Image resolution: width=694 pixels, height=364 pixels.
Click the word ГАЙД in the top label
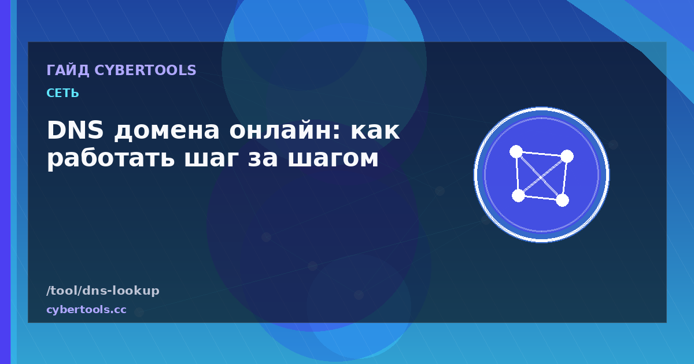pos(68,70)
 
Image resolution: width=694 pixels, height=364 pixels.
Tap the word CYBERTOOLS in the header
pos(145,70)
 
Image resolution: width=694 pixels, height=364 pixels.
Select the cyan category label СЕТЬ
pos(62,93)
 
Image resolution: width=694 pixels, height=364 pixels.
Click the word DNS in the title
pos(75,130)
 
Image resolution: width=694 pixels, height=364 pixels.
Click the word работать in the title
pos(110,158)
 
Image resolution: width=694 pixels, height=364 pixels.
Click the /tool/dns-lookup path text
pos(103,291)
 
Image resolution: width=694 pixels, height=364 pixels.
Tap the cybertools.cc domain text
pos(86,310)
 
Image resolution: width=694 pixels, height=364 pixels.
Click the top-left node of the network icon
pos(516,151)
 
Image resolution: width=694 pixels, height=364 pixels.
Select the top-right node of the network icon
pos(567,157)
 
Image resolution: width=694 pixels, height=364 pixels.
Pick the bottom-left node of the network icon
pos(518,196)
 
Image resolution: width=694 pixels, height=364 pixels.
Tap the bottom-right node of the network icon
pos(562,200)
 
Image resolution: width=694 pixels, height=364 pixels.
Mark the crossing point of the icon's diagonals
pos(541,177)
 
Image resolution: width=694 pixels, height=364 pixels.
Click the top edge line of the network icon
pos(541,154)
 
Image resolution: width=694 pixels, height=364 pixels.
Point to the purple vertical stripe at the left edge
pos(5,182)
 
